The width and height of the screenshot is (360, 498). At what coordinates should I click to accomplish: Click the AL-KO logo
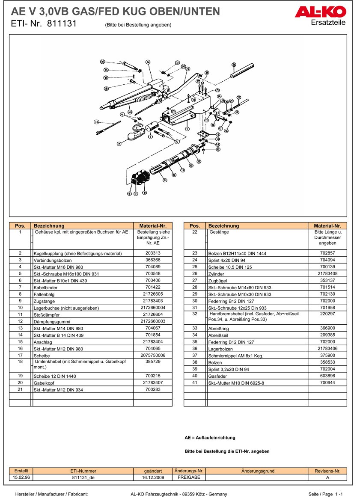point(320,12)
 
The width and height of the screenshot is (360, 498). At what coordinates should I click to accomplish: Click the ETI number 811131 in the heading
point(62,24)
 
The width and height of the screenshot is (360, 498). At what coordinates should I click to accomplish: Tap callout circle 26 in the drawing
point(234,65)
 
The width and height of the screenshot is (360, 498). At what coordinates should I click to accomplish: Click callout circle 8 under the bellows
point(144,193)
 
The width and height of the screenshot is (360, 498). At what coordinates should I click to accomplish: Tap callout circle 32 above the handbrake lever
point(148,62)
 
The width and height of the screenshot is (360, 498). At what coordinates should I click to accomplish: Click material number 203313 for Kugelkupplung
point(153,253)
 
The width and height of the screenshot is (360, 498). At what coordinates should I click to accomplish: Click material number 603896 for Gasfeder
point(327,376)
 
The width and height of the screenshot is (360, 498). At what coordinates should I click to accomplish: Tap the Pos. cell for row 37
point(194,355)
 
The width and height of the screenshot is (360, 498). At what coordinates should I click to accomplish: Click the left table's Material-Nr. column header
point(153,225)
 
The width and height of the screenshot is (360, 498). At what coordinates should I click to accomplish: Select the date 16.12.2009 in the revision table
point(153,477)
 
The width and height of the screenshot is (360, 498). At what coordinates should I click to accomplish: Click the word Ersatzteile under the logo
point(328,23)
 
